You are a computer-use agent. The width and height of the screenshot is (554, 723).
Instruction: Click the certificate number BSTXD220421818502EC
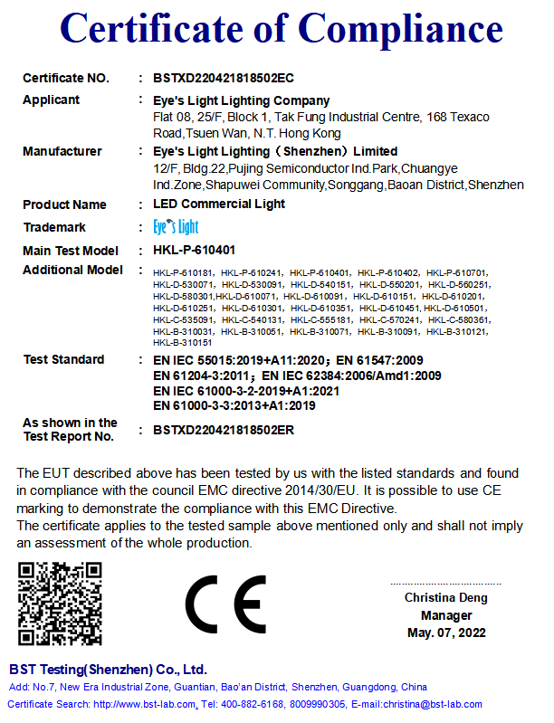coord(224,79)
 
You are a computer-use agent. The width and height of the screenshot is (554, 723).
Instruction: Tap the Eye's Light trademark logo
coord(176,226)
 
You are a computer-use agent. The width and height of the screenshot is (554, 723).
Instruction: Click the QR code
coord(60,604)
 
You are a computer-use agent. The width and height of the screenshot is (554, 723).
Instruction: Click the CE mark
coord(225,604)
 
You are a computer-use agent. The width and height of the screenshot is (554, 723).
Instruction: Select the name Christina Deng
coord(445,598)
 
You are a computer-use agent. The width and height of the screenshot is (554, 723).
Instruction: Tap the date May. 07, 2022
coord(445,633)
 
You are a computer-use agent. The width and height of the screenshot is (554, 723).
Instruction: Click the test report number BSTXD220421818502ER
coord(224,430)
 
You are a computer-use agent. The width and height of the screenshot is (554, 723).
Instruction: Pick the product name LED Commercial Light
coord(219,205)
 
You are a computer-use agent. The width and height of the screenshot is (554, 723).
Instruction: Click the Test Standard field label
coord(63,359)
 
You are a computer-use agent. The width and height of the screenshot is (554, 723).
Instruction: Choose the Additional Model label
coord(72,271)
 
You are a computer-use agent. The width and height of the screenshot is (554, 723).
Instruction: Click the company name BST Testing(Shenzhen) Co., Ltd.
coord(108,671)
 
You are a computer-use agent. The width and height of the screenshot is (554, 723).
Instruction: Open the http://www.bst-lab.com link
coord(146,704)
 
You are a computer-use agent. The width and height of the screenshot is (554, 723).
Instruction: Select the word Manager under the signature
coord(445,615)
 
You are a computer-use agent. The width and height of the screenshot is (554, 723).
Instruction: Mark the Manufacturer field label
coord(62,151)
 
